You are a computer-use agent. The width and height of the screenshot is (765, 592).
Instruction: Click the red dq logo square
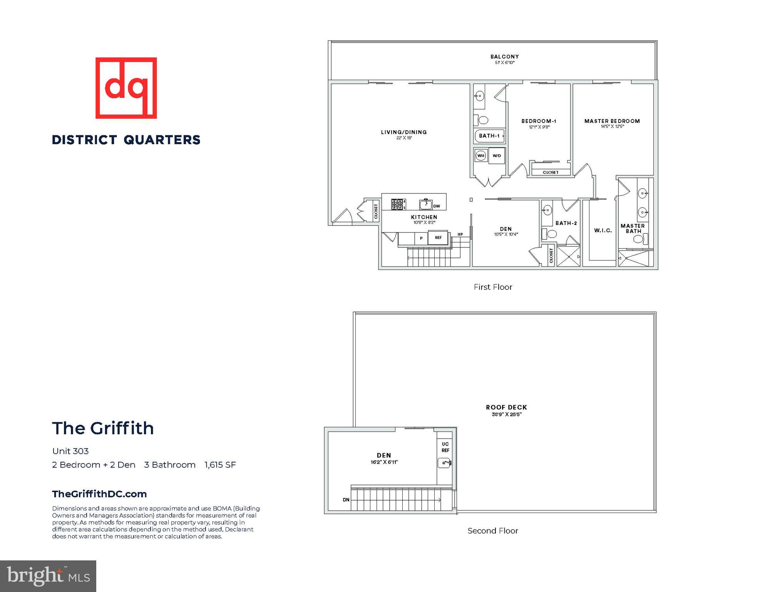[x=126, y=88]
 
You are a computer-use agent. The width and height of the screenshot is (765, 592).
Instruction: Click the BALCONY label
[x=504, y=57]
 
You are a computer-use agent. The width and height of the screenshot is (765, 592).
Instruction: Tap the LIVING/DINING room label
[x=404, y=132]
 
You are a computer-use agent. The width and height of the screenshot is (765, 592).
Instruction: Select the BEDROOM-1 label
[x=539, y=121]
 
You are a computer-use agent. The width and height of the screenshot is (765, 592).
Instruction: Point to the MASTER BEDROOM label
[x=612, y=121]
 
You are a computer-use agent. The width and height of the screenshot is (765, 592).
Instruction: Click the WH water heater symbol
[x=480, y=156]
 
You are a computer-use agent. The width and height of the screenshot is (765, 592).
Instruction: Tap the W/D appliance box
[x=497, y=156]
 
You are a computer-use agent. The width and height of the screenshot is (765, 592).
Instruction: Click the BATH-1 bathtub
[x=489, y=136]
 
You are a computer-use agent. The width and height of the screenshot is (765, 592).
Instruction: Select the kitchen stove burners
[x=398, y=204]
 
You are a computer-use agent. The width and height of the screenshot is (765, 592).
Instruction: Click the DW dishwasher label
[x=437, y=206]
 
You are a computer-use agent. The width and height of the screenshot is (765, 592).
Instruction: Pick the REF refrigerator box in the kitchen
[x=438, y=238]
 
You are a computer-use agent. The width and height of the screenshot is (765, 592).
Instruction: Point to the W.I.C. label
[x=603, y=230]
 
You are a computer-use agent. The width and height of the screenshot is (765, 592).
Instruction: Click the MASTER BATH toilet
[x=639, y=240]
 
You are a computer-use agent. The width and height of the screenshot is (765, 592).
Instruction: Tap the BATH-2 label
[x=566, y=223]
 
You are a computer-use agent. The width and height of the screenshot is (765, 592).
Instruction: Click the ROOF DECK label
[x=506, y=407]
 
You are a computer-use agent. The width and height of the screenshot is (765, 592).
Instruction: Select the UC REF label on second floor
[x=445, y=447]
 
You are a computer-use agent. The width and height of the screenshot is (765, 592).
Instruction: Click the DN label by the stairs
[x=346, y=500]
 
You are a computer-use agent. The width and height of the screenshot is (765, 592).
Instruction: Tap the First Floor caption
[x=493, y=287]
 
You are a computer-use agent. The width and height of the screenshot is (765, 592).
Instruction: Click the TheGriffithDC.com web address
[x=99, y=494]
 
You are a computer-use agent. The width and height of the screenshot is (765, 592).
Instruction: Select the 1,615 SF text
[x=220, y=465]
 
